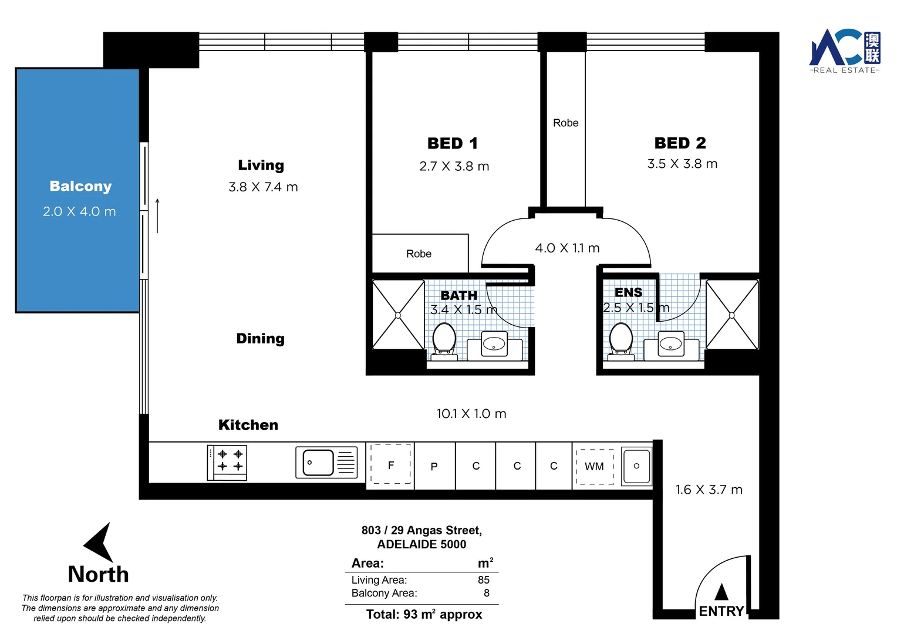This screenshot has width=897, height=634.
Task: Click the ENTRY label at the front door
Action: click(721, 611)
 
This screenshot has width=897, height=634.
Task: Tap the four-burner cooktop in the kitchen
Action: click(227, 463)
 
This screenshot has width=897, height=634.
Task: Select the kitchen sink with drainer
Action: click(326, 463)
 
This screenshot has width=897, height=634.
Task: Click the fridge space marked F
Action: click(391, 465)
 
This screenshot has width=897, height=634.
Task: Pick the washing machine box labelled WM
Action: click(595, 467)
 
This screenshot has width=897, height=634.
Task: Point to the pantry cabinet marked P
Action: click(434, 467)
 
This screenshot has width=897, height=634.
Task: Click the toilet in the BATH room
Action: click(444, 340)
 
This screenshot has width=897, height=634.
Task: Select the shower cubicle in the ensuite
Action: click(732, 315)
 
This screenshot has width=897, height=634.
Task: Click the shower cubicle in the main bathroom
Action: click(398, 315)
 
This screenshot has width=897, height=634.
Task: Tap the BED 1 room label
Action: click(453, 143)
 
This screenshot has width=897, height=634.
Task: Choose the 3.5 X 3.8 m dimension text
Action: click(682, 164)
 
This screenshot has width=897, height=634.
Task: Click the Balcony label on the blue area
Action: click(80, 186)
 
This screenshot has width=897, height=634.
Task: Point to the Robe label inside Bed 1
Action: click(419, 254)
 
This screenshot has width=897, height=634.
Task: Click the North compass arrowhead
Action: click(99, 542)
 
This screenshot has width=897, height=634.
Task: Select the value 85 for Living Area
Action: click(483, 580)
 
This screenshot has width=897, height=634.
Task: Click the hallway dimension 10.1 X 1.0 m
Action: click(471, 414)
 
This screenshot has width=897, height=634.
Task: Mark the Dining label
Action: click(260, 339)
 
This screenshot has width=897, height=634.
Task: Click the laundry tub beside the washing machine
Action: click(636, 466)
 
